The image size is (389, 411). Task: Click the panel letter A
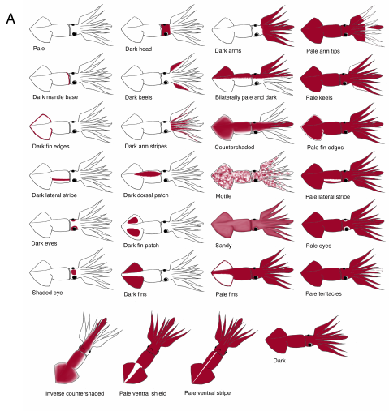tap(11, 19)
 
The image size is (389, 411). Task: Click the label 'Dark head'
tap(138, 49)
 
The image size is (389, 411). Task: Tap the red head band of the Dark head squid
tap(165, 30)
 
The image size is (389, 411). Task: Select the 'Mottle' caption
tap(223, 196)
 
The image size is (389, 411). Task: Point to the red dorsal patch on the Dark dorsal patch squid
tap(148, 173)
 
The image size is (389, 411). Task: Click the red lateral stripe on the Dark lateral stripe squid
tap(61, 179)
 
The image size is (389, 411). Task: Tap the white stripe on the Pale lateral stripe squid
tap(332, 180)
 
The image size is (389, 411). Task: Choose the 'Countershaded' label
tap(235, 148)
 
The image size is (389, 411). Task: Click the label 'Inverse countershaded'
tap(75, 393)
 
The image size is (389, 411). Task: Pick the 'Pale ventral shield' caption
tap(143, 393)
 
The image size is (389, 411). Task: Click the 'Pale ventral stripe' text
tap(207, 392)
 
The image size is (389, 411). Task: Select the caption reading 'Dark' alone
tap(279, 361)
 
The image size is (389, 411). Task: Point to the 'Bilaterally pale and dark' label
tap(246, 97)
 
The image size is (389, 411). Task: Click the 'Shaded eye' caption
tap(47, 293)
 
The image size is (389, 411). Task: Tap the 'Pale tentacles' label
tap(323, 293)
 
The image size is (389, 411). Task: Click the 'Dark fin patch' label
tap(141, 246)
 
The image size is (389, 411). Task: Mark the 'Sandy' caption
tap(223, 246)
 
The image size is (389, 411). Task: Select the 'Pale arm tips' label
tap(323, 51)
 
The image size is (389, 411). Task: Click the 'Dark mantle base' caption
tap(55, 97)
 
